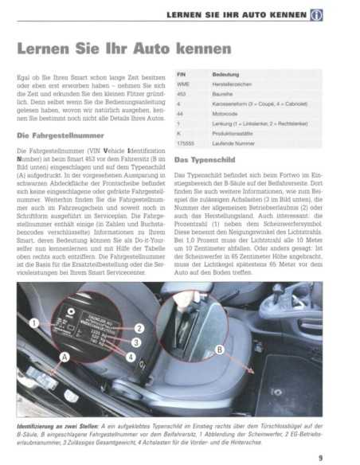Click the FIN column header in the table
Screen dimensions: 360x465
point(182,74)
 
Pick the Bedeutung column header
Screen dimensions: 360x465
point(226,74)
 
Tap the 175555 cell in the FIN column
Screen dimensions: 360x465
point(186,144)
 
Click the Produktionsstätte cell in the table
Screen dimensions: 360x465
point(234,134)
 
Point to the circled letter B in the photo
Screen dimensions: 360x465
point(219,349)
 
